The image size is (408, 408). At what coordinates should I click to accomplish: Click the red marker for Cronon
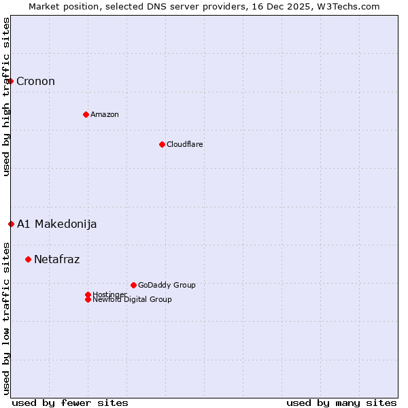[x=10, y=81]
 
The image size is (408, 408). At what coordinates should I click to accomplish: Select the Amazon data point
[x=86, y=114]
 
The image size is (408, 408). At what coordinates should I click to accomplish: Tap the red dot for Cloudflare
[x=162, y=144]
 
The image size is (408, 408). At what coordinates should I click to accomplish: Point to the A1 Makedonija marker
[x=11, y=224]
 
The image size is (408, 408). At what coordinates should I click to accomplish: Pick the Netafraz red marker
[x=28, y=259]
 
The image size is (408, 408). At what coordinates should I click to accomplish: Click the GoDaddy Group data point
[x=133, y=285]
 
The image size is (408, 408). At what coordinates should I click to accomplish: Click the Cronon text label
[x=35, y=82]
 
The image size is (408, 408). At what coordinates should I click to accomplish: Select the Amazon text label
[x=105, y=114]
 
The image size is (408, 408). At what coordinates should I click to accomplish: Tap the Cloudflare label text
[x=185, y=144]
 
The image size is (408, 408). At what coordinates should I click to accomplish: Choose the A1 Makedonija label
[x=57, y=224]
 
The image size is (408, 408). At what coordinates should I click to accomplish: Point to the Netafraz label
[x=57, y=259]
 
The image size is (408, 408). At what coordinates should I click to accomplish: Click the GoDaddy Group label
[x=167, y=285]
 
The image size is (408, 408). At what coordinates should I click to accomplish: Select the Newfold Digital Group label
[x=133, y=300]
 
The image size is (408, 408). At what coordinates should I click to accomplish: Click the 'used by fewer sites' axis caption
[x=70, y=403]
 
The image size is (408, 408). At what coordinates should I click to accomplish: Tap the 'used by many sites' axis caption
[x=341, y=403]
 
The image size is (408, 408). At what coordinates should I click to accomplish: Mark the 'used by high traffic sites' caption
[x=6, y=97]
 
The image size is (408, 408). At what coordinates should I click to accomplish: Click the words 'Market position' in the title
[x=60, y=6]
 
